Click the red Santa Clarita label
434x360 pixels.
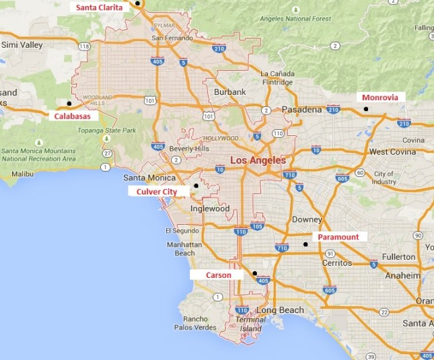tap(100, 7)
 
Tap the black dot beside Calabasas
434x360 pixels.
tap(69, 103)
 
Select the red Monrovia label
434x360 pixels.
tap(380, 97)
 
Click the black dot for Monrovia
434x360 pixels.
tap(366, 109)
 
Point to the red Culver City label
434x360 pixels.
tap(156, 192)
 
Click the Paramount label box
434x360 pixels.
tap(338, 237)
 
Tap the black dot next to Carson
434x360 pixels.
tap(254, 273)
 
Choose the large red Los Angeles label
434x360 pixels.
tap(258, 161)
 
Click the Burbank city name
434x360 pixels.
tap(229, 92)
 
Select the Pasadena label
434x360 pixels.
tap(301, 109)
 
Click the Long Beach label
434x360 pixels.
tap(281, 310)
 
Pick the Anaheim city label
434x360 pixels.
tap(403, 275)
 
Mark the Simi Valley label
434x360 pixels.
tap(22, 45)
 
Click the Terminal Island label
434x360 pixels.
tap(252, 324)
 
